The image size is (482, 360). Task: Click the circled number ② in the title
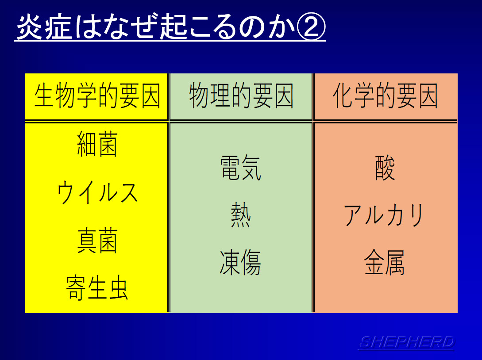pyautogui.click(x=310, y=27)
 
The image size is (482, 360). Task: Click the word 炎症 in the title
pyautogui.click(x=44, y=27)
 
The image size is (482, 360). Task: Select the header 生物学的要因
pyautogui.click(x=97, y=96)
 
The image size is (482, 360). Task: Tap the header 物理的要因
pyautogui.click(x=241, y=96)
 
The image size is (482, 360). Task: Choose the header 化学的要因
pyautogui.click(x=386, y=96)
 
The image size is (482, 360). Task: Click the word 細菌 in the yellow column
pyautogui.click(x=97, y=144)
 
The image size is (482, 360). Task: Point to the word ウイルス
pyautogui.click(x=97, y=192)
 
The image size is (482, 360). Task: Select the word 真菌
pyautogui.click(x=97, y=241)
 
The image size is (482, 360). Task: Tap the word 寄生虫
pyautogui.click(x=97, y=288)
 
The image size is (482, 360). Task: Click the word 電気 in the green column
pyautogui.click(x=241, y=168)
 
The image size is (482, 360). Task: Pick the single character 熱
pyautogui.click(x=241, y=215)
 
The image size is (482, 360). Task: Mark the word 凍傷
pyautogui.click(x=241, y=263)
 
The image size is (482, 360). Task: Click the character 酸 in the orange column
pyautogui.click(x=385, y=168)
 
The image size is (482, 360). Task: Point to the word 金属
pyautogui.click(x=385, y=263)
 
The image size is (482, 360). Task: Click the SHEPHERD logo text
pyautogui.click(x=406, y=342)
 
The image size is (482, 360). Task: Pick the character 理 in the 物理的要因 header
pyautogui.click(x=220, y=96)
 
